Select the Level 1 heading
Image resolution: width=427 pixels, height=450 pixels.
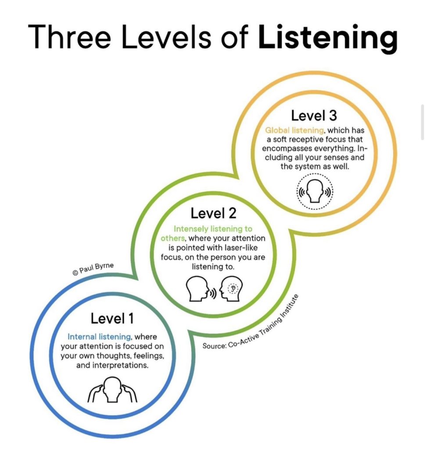pyautogui.click(x=112, y=319)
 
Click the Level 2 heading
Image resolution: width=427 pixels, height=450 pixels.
pyautogui.click(x=213, y=213)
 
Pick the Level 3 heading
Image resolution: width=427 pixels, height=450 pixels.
pyautogui.click(x=314, y=116)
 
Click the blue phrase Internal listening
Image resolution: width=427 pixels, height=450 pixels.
pyautogui.click(x=99, y=337)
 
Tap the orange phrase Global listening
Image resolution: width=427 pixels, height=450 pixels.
pyautogui.click(x=294, y=130)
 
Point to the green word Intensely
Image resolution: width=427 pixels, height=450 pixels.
pyautogui.click(x=191, y=229)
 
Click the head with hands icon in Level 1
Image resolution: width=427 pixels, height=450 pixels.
pyautogui.click(x=112, y=389)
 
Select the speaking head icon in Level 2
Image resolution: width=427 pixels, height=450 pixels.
pyautogui.click(x=197, y=289)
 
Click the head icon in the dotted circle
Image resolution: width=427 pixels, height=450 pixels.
pyautogui.click(x=315, y=191)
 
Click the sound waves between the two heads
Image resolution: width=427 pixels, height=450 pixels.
pyautogui.click(x=213, y=293)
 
